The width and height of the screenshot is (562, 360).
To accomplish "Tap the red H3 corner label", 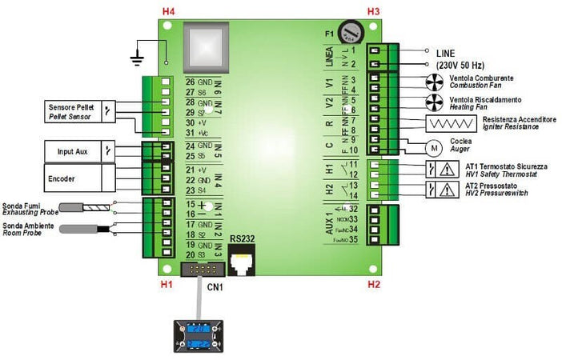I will (x=373, y=10).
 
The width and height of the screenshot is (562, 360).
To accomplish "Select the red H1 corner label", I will (x=167, y=284).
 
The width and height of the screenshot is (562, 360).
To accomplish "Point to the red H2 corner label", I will (x=373, y=284).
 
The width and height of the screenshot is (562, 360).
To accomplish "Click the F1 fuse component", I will (x=350, y=32).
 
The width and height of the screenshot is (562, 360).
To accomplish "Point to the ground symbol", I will (x=137, y=58).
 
